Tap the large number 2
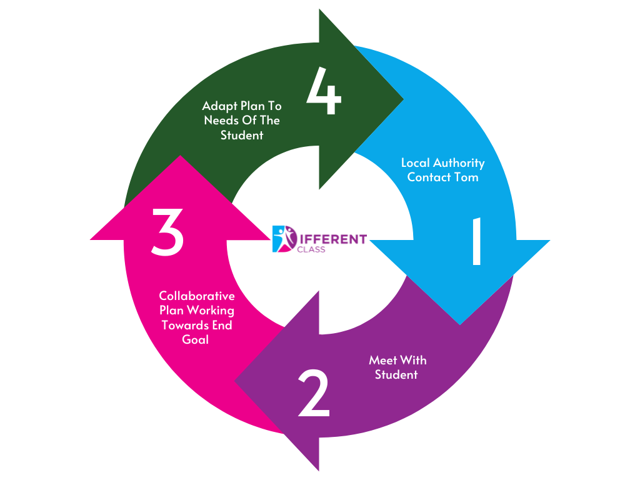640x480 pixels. click(x=313, y=393)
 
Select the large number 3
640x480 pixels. click(x=167, y=232)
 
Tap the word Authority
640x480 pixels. click(x=460, y=162)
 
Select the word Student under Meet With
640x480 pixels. click(x=396, y=374)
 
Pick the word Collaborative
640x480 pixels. click(x=197, y=296)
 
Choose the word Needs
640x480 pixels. click(x=219, y=120)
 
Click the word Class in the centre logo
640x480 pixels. click(x=312, y=249)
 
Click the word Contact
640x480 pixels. click(x=431, y=177)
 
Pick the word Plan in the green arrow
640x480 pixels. click(x=252, y=106)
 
